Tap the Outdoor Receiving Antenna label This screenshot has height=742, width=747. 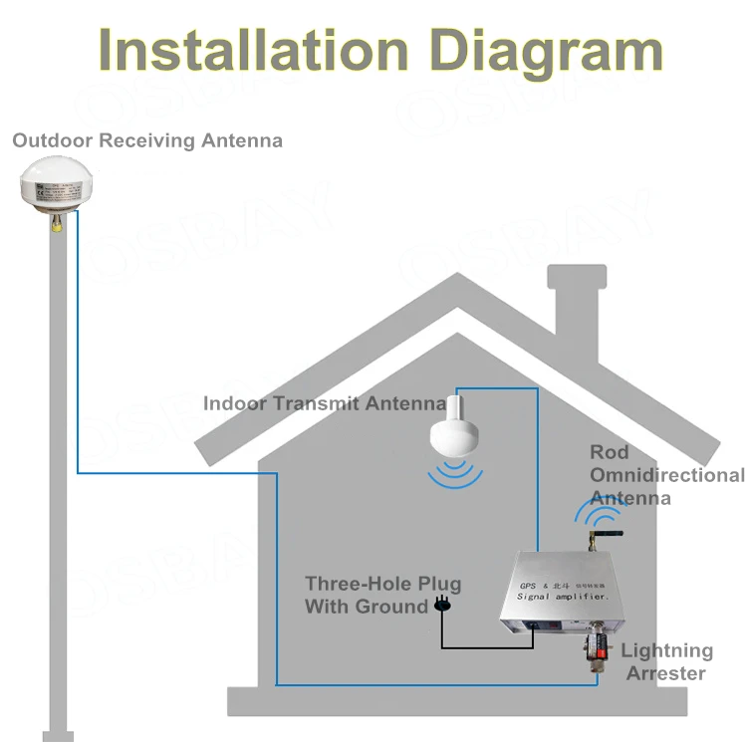(147, 140)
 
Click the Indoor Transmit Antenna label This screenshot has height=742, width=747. (325, 403)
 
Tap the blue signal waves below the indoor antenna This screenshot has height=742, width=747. (457, 473)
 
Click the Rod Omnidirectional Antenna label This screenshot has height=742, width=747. (666, 475)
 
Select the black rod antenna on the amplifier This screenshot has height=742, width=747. (605, 538)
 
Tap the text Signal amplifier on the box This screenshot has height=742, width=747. (562, 597)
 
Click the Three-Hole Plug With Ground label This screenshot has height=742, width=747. (382, 595)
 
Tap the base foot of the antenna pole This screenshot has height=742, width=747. (58, 735)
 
